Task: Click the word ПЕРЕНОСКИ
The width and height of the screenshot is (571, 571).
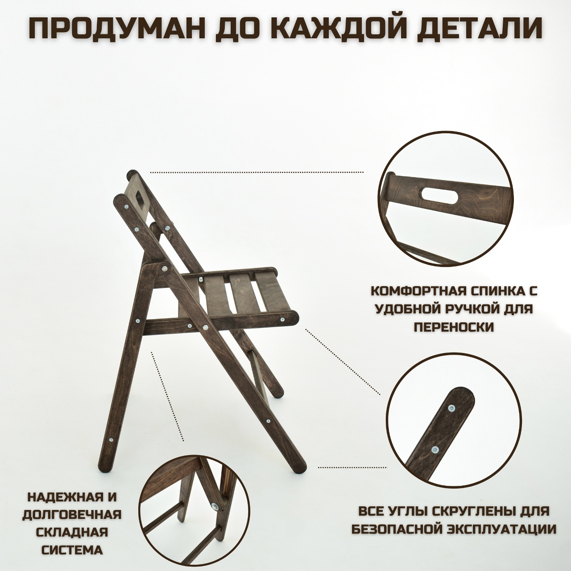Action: pos(454,327)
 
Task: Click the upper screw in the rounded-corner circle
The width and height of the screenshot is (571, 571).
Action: pos(451,409)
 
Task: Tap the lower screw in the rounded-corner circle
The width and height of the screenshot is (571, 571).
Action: pos(434,433)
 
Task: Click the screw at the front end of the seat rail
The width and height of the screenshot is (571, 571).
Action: pos(282,320)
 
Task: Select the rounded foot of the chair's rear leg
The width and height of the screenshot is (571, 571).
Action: pos(107,471)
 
